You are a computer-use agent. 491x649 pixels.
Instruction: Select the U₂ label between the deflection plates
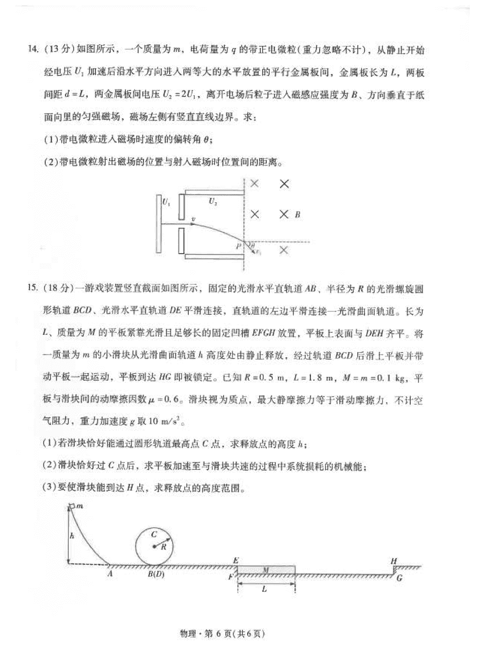point(212,202)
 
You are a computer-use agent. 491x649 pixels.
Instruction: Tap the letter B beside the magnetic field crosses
point(297,215)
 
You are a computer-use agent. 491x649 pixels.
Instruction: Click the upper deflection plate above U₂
point(213,191)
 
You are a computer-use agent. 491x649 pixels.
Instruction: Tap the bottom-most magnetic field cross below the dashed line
point(284,250)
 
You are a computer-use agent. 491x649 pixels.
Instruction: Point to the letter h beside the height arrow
point(72,537)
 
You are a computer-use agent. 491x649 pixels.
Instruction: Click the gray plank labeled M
point(266,570)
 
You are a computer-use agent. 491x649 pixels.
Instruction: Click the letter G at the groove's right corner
point(399,579)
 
